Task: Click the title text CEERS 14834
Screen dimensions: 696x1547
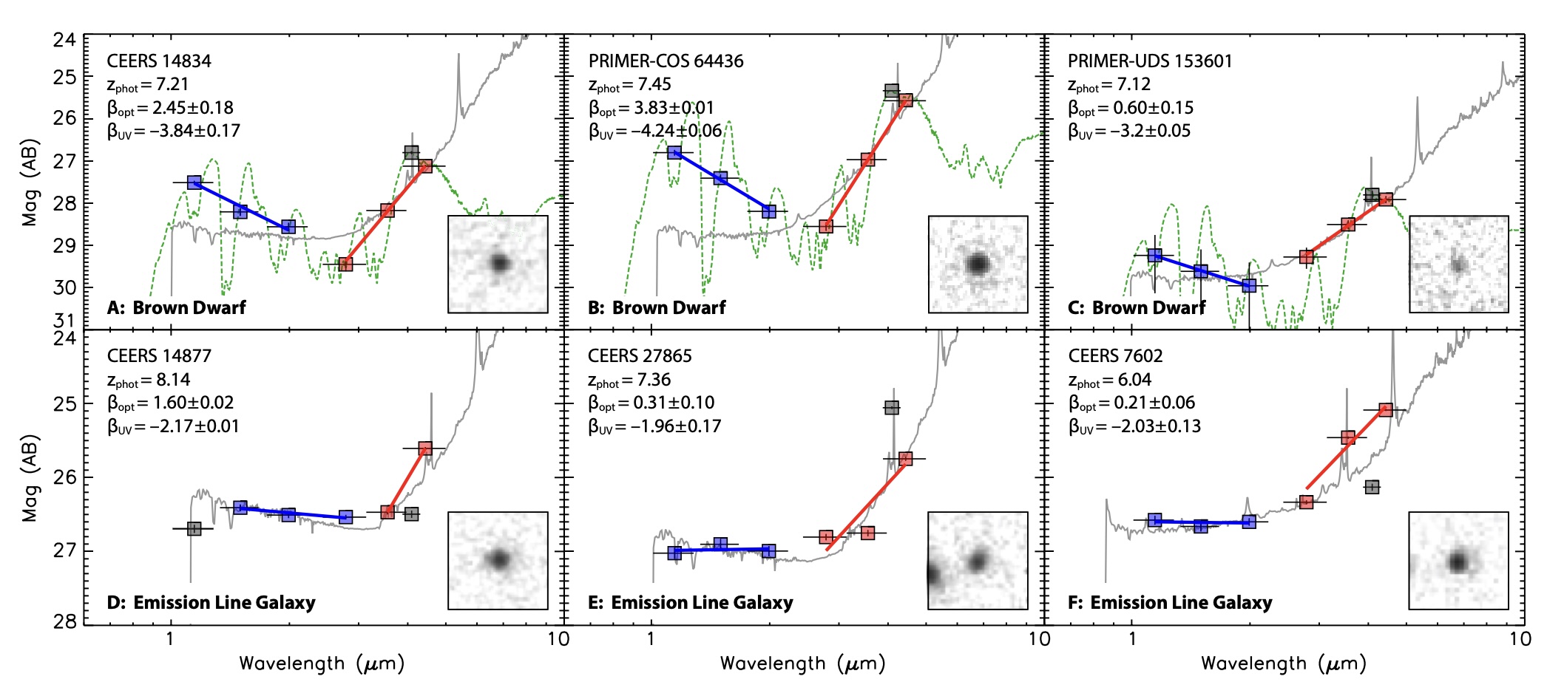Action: point(159,61)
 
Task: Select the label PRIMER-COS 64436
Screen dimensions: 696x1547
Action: point(666,61)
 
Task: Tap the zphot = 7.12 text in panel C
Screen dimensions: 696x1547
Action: point(1108,84)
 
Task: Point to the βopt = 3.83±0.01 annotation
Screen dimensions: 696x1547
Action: point(651,108)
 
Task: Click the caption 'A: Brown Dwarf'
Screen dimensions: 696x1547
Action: point(176,307)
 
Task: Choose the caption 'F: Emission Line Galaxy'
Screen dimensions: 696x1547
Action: point(1170,602)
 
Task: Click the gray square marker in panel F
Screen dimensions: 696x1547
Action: point(1372,487)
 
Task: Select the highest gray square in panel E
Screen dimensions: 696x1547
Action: point(892,408)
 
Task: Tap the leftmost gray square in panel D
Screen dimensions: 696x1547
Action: point(194,529)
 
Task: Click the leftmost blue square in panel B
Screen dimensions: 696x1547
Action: point(674,152)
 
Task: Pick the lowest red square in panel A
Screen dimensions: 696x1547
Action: point(345,264)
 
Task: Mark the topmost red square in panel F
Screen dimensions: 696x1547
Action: point(1386,410)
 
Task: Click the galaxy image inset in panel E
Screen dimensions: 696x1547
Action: point(978,561)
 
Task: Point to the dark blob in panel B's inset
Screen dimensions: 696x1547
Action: point(978,264)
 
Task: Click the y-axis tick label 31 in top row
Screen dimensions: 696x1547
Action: point(64,321)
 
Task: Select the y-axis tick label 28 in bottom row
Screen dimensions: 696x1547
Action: point(64,621)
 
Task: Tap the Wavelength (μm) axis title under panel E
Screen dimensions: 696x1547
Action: point(802,663)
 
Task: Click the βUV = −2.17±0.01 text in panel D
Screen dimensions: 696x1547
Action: point(173,426)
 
